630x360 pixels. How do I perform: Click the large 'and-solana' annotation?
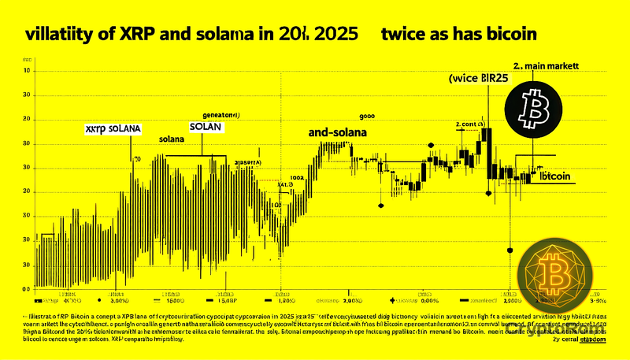(x=338, y=133)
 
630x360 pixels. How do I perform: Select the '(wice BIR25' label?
(x=478, y=80)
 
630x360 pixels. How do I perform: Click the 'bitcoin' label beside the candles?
(x=555, y=176)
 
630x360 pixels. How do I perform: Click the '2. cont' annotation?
(x=469, y=124)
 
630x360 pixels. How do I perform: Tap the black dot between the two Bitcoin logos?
(x=510, y=250)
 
